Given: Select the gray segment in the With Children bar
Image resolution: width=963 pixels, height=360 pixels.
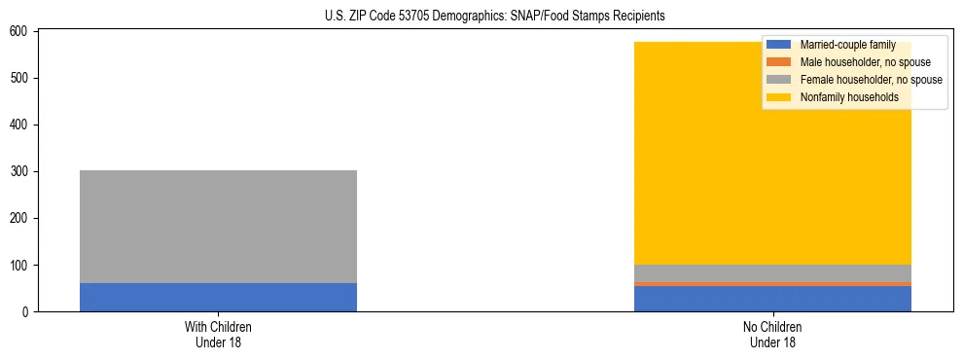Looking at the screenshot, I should (218, 227).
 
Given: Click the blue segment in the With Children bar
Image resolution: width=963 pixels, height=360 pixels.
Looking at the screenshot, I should (218, 298).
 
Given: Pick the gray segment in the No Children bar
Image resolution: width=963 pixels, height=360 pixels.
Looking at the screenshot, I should (772, 272).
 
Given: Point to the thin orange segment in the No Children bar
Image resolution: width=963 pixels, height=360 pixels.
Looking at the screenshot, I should (772, 284).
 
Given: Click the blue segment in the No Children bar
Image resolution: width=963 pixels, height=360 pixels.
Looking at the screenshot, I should (772, 299).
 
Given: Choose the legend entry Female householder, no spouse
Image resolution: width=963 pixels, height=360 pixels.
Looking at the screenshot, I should (871, 80).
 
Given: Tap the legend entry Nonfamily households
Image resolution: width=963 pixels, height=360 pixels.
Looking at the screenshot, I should (842, 97).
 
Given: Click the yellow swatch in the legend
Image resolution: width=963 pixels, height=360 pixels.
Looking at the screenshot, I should (780, 97).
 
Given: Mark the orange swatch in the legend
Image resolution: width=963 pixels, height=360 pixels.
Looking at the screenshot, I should (780, 62).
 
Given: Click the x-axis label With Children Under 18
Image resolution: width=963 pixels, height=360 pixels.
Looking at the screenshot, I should (218, 335).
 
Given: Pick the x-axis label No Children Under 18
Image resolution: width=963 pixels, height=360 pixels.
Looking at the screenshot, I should (772, 335).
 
